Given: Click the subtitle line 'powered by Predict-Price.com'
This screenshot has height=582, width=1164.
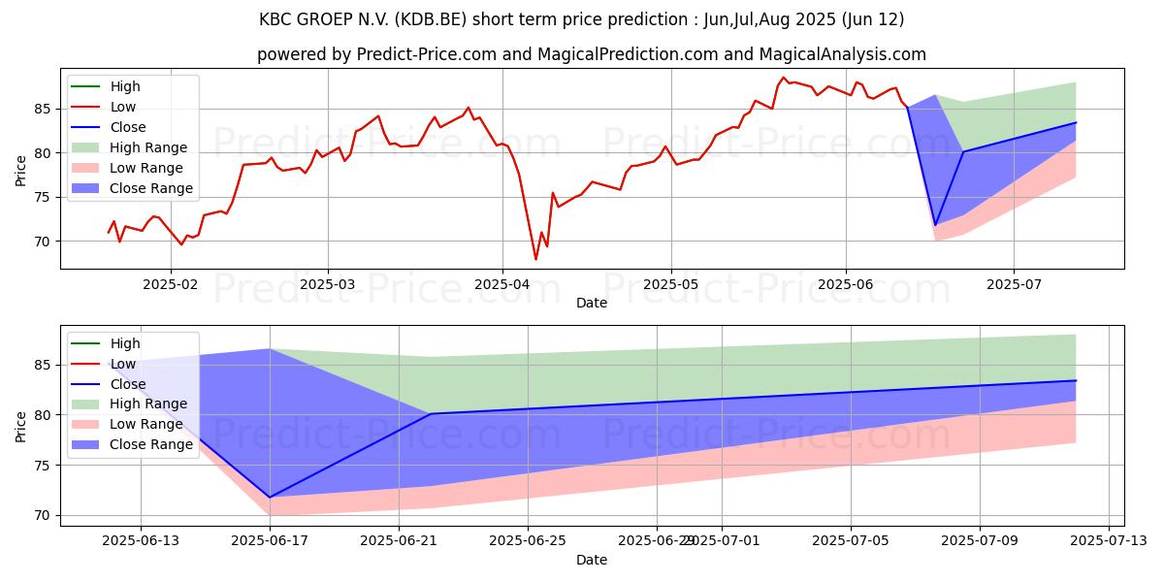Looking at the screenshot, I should click(591, 54).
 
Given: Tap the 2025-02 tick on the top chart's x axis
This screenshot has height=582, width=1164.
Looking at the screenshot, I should click(171, 285).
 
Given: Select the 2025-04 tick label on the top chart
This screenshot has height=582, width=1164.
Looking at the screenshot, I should click(502, 285).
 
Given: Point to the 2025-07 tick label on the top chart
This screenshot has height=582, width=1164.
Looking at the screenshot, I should click(1014, 285).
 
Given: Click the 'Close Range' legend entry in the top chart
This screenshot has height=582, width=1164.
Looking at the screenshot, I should click(151, 188).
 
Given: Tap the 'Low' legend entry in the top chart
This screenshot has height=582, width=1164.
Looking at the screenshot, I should click(123, 107).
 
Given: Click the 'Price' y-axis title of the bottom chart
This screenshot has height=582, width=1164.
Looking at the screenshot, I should click(21, 426).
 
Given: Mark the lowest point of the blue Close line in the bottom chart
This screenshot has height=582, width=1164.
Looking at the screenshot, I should click(270, 498).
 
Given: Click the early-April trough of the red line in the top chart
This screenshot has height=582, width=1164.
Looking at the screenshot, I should click(535, 259).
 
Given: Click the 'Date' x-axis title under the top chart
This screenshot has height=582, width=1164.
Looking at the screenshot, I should click(591, 303).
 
